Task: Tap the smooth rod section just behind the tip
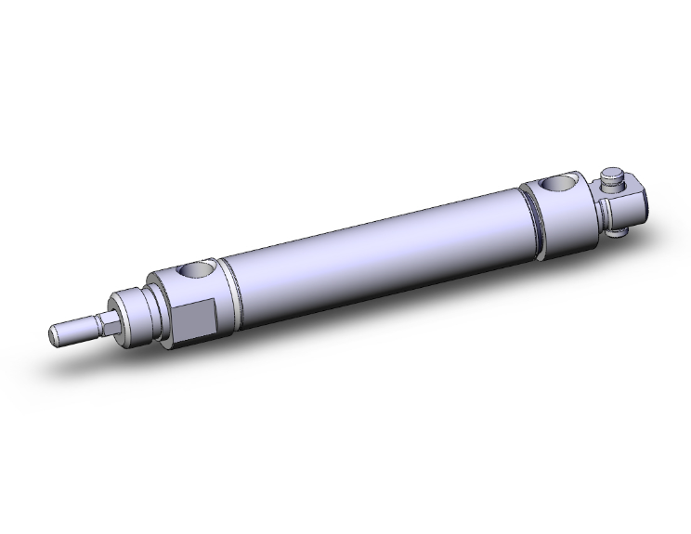pos(74,329)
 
